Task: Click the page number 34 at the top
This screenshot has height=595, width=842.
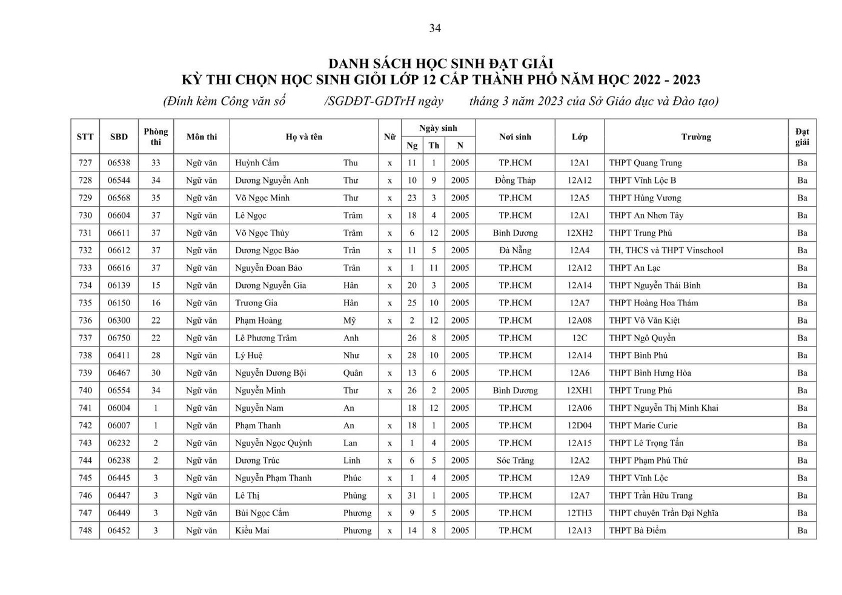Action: [x=435, y=28]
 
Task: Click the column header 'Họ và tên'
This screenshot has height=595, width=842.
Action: [x=303, y=137]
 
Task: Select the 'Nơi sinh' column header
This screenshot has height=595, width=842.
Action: [x=515, y=137]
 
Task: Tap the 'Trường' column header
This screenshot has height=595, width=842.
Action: [x=695, y=137]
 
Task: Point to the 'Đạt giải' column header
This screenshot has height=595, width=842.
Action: [x=802, y=137]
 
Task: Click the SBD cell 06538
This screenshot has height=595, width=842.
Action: [x=119, y=163]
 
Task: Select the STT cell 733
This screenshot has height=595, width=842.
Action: [x=85, y=268]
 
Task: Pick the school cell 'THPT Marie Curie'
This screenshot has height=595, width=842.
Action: [x=643, y=425]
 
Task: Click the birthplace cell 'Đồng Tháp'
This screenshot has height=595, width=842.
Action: [x=515, y=181]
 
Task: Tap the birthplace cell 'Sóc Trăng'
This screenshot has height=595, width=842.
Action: [x=515, y=460]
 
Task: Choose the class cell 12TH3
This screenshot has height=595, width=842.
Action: [x=579, y=513]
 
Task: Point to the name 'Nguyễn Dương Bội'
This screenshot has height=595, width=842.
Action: [x=271, y=373]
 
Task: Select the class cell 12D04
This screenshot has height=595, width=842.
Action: [x=579, y=425]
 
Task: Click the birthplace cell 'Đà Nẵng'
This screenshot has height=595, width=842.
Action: [x=515, y=250]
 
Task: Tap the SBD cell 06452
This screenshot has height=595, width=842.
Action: [x=119, y=531]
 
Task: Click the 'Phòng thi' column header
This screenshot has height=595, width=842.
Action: [x=156, y=137]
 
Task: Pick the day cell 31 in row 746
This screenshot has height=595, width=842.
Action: [x=412, y=496]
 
